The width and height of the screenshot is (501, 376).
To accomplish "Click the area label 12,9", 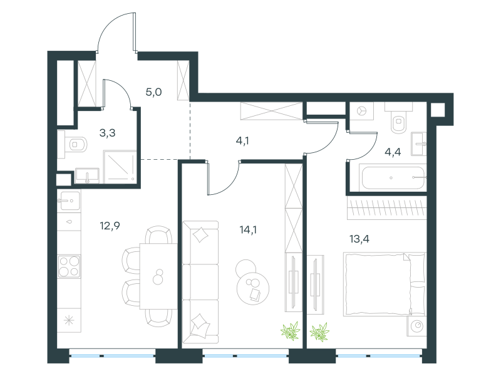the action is point(110,226).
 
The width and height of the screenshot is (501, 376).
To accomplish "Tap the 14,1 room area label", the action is point(248,229).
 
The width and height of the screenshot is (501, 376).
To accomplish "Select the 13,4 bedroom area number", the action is point(359,239).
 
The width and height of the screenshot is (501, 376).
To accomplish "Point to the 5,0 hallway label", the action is point(153,92).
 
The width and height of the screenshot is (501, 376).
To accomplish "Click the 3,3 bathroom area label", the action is point(107,133).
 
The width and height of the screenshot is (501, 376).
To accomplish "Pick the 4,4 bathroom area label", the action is point(393,152).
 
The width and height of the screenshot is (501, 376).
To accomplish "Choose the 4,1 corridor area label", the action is point(242,140).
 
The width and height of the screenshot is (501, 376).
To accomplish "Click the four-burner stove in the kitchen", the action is point(69,266).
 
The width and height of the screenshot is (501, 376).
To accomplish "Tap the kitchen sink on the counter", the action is point(69,201).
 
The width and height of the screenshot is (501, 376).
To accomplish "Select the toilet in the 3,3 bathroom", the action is point(75,145).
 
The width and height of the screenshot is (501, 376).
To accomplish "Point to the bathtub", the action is point(393,177).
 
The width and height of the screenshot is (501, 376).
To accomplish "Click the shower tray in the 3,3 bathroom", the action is point(120,167).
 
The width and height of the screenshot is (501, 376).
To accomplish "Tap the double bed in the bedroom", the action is point(385,285).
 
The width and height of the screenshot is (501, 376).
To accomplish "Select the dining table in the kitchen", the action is point(158,276).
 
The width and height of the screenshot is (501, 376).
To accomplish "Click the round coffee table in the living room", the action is point(253,288).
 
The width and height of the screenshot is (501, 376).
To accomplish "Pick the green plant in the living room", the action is point(291,332).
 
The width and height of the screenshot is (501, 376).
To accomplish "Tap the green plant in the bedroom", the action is point(319,332).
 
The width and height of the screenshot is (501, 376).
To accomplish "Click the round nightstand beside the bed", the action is point(417,326).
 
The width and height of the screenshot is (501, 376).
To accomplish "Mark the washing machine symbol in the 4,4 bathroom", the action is point(361,111).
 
